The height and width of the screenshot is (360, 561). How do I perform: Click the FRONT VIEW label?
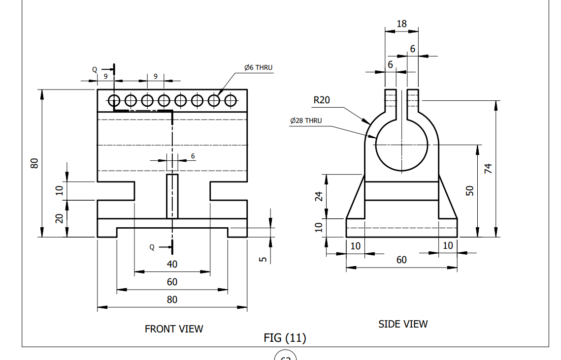click(173, 329)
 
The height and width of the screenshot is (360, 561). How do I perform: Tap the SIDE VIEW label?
click(402, 324)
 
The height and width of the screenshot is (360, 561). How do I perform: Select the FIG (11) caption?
click(285, 338)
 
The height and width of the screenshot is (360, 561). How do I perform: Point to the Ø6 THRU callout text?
click(258, 67)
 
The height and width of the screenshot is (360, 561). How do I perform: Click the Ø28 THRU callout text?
click(306, 120)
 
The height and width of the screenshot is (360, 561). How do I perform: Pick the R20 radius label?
click(322, 100)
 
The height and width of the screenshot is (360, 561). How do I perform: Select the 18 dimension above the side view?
click(401, 23)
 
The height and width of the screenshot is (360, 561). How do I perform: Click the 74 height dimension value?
click(488, 169)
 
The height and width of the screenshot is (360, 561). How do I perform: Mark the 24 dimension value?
click(319, 196)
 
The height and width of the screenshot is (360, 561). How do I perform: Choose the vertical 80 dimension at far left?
click(34, 163)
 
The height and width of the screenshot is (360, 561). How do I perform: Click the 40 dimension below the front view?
click(172, 264)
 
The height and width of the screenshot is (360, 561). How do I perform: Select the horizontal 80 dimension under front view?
click(172, 300)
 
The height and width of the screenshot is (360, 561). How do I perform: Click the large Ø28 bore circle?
click(401, 146)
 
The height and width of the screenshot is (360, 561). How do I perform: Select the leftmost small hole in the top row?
click(114, 100)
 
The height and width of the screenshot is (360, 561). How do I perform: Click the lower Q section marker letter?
click(152, 247)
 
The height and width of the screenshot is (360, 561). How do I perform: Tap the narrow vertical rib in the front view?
click(172, 196)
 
